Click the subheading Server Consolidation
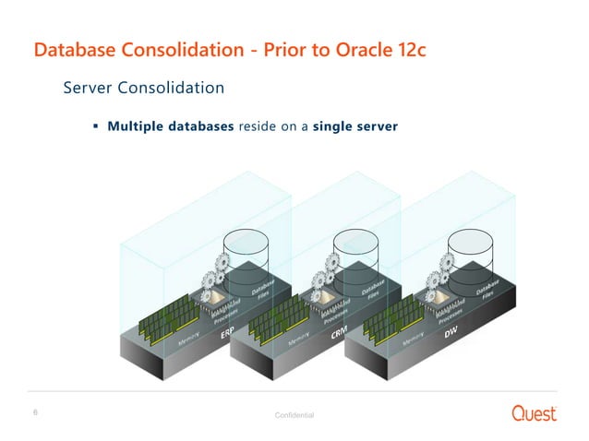pos(143,89)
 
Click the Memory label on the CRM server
pos(301,342)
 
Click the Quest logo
pos(535,412)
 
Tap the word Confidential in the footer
pos(294,416)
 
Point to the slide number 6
pos(35,411)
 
